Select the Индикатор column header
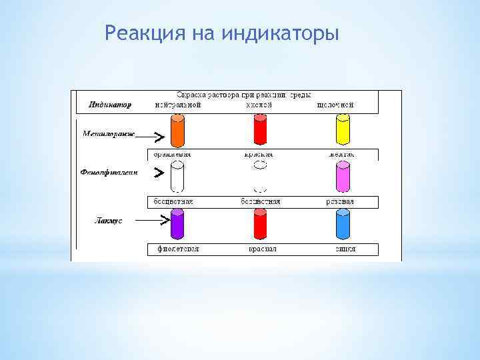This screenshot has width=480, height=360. click(110, 105)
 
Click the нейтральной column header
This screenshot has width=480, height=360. click(177, 105)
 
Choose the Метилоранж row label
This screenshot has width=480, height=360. click(109, 133)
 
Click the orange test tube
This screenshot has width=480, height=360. click(177, 131)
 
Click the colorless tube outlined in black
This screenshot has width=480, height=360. click(177, 178)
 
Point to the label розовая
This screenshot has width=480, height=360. click(340, 201)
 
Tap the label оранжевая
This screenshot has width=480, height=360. click(172, 154)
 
